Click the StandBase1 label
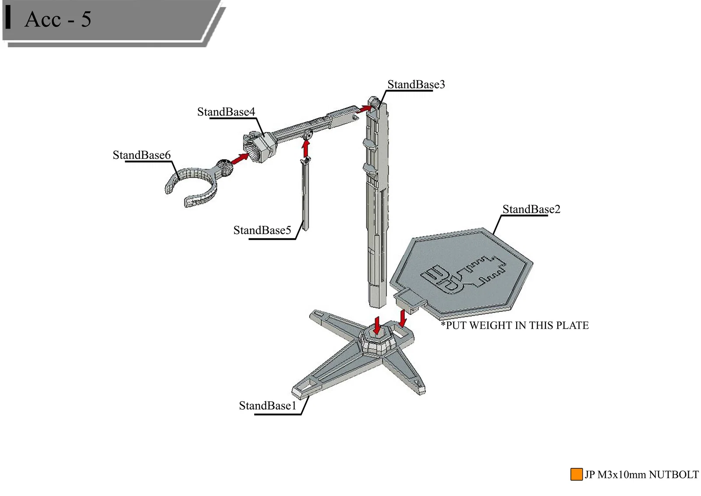coord(268,406)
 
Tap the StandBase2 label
coord(531,209)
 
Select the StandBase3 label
coord(416,84)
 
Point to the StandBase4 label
coord(226,112)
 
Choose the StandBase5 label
coord(262,230)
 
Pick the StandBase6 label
coord(142,155)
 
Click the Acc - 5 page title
coord(58,19)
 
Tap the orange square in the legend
coord(576,474)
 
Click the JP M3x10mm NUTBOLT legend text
coord(641,475)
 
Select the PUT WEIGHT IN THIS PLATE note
coord(515,325)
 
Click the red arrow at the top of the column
coord(363,109)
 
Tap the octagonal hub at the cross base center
coord(377,340)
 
